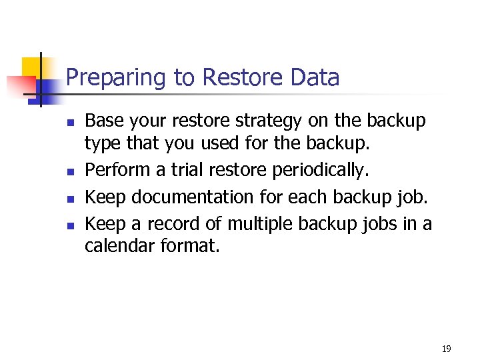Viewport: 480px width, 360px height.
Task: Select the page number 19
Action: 446,349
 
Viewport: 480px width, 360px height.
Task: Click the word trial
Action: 187,170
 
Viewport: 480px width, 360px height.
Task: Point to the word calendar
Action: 119,246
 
